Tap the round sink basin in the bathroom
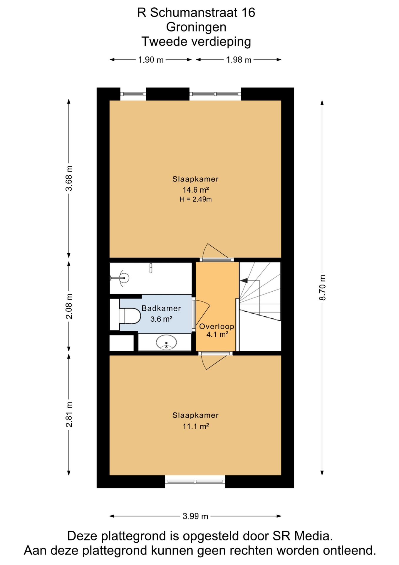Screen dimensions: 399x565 tap(166, 343)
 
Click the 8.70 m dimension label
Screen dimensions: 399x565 tap(322, 288)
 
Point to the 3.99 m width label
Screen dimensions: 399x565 tap(195, 516)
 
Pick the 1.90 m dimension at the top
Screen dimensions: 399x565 tap(151, 60)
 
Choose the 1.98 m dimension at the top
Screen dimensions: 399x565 tap(239, 60)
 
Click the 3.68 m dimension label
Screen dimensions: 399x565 tap(69, 178)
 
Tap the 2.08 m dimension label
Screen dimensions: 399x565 tap(69, 306)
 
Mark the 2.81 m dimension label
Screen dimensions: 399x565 tap(69, 414)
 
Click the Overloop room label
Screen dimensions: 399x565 tap(217, 326)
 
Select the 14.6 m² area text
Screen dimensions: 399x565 tap(196, 190)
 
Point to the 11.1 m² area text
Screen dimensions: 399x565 tap(196, 426)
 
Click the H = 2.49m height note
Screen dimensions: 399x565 tap(196, 199)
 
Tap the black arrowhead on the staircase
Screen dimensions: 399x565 tap(244, 281)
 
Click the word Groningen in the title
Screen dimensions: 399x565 tap(196, 27)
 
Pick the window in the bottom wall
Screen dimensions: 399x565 tap(195, 482)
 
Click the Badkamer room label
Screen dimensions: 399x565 tap(161, 308)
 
